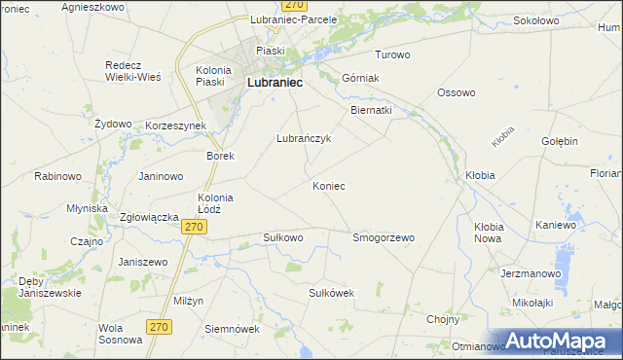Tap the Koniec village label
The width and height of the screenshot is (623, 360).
click(328, 186)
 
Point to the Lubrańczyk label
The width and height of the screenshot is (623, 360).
click(305, 139)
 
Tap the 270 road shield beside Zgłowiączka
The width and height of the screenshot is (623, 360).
click(195, 227)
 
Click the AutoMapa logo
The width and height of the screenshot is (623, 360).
click(560, 341)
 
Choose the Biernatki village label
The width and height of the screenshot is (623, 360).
click(371, 111)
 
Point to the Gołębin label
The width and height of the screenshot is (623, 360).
click(560, 141)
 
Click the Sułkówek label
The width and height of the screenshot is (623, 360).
click(331, 293)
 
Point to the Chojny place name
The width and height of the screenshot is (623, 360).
click(443, 318)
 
